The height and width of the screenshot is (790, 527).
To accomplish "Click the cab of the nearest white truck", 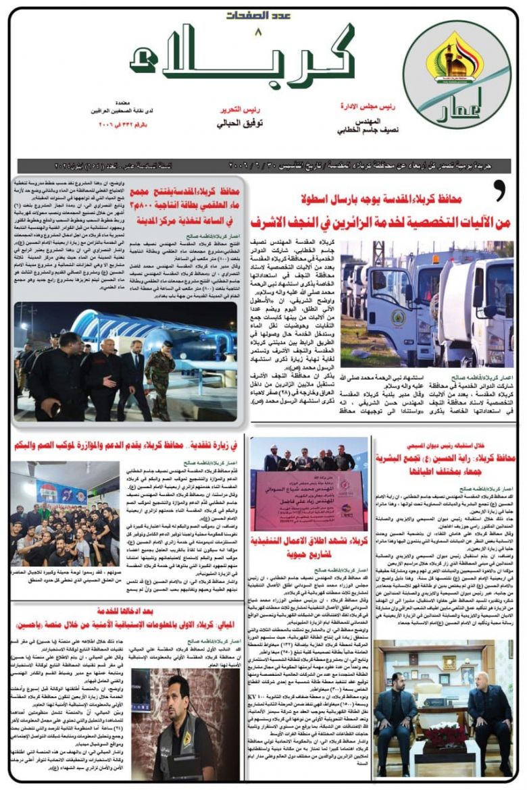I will coord(473,297).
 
